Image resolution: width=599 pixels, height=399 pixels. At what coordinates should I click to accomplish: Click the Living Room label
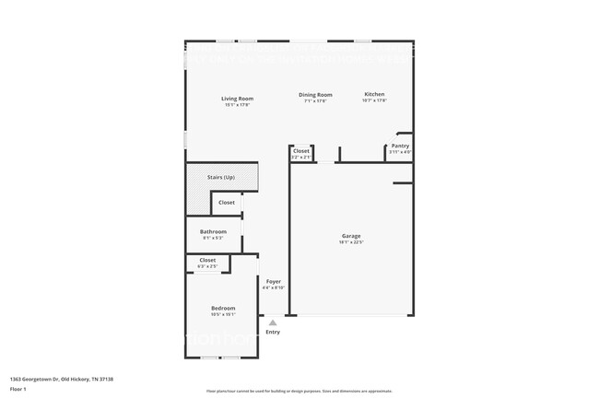[x=237, y=99]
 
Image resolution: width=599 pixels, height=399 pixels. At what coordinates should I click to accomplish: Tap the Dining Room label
[x=314, y=95]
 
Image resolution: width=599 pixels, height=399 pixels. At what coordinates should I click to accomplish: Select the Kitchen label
[x=374, y=94]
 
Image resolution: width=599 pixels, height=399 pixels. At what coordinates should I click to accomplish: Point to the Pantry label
[x=400, y=146]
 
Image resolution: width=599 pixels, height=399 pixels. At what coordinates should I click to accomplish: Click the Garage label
[x=351, y=236]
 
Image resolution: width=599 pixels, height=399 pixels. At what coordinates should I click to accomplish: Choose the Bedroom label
[x=223, y=308]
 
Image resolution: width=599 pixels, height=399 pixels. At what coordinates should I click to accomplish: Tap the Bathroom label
[x=214, y=232]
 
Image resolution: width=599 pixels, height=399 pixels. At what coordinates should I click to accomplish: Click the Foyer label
[x=274, y=281]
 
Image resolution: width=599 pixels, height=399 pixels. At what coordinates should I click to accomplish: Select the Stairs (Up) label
[x=220, y=177]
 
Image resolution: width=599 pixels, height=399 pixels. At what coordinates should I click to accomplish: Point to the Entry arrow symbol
[x=273, y=323]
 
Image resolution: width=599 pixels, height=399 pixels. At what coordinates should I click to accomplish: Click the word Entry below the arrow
[x=273, y=332]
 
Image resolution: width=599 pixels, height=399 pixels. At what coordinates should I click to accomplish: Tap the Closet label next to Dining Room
[x=301, y=150]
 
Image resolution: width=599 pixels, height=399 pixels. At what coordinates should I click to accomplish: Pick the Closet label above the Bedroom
[x=207, y=260]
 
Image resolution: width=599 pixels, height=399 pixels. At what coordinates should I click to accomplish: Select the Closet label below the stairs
[x=227, y=202]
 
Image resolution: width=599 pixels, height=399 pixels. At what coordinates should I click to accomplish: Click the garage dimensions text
[x=351, y=242]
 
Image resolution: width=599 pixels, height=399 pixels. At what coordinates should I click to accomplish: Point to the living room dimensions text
[x=237, y=105]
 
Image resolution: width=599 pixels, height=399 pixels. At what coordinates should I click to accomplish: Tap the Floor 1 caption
[x=18, y=389]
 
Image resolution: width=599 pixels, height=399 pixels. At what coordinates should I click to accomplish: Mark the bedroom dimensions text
[x=223, y=314]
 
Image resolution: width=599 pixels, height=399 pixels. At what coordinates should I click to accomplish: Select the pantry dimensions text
[x=400, y=152]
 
